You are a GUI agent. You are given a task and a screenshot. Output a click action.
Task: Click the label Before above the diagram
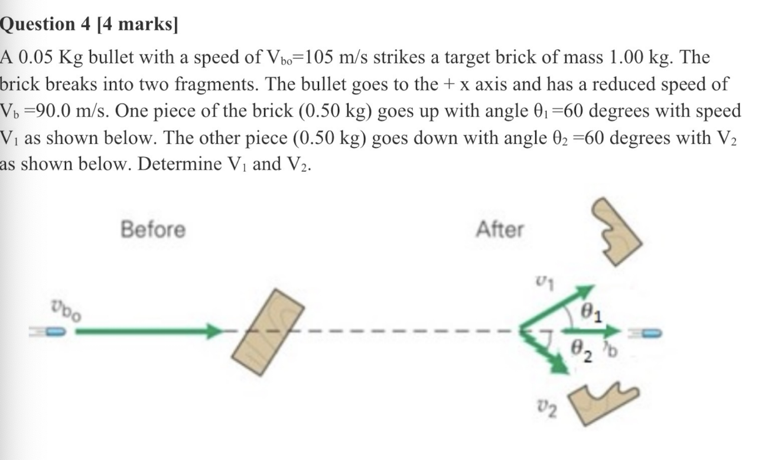[x=152, y=229]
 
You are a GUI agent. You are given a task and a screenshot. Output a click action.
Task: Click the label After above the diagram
[x=499, y=229]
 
